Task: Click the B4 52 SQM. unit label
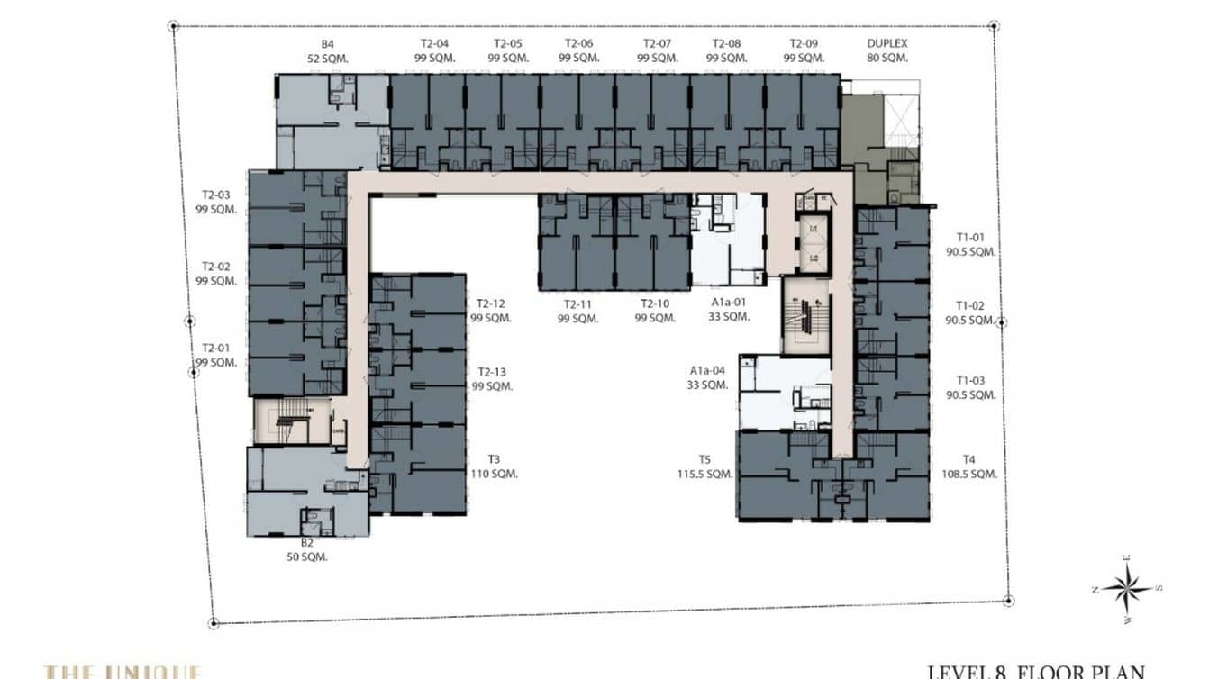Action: [x=327, y=50]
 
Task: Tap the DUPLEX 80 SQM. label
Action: [x=886, y=50]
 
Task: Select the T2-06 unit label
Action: [x=578, y=50]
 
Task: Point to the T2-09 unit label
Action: [x=804, y=50]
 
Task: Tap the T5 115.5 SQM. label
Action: [x=705, y=465]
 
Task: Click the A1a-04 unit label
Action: [x=707, y=377]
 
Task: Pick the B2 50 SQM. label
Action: [x=307, y=549]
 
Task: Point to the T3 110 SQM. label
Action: [x=492, y=465]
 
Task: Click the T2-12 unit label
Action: [x=491, y=311]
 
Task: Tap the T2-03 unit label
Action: [x=216, y=202]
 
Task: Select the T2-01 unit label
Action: [x=216, y=355]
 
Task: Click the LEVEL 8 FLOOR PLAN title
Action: [x=1036, y=671]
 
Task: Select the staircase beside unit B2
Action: [x=291, y=421]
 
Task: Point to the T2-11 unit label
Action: [x=577, y=311]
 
